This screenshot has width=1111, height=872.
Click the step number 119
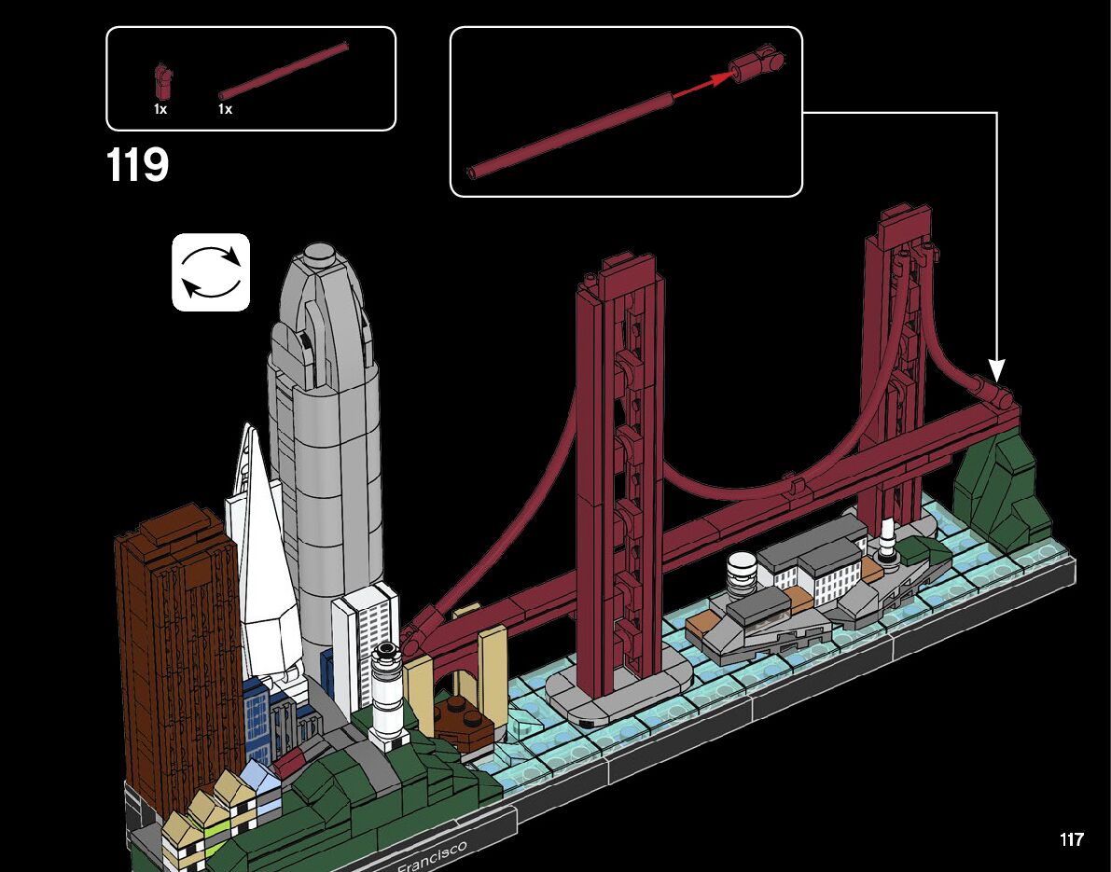(x=137, y=164)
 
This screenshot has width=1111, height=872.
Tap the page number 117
(x=1071, y=839)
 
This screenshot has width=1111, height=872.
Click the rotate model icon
(x=211, y=272)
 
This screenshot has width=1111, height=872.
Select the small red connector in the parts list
(x=162, y=81)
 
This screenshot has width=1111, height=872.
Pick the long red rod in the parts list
(x=284, y=71)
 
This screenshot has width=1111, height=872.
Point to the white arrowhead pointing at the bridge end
(x=996, y=370)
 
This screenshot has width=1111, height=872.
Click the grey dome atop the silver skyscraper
(x=319, y=253)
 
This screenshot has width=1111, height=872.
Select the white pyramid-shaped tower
(x=263, y=552)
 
